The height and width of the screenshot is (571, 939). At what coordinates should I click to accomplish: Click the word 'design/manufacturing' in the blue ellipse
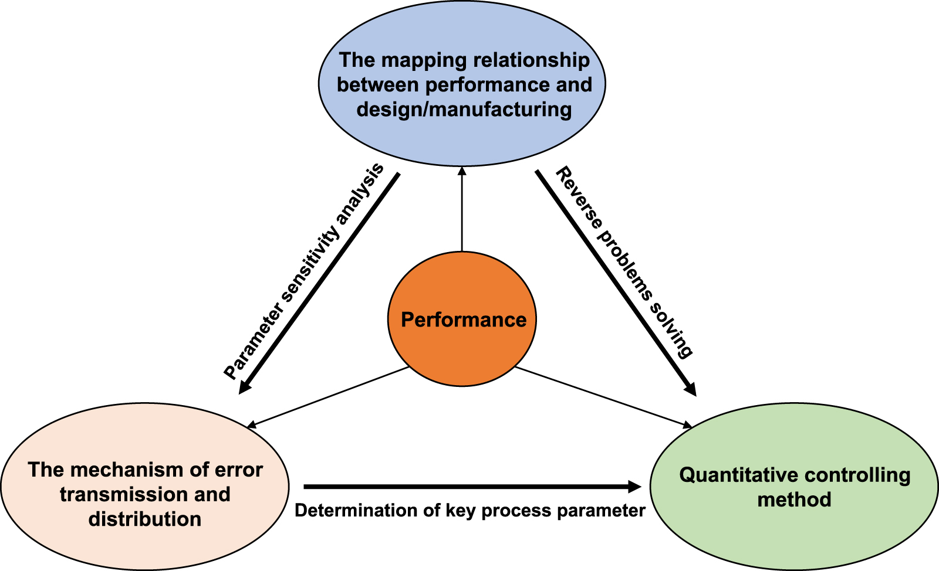(464, 110)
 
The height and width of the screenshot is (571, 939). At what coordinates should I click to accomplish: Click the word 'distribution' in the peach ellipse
(145, 519)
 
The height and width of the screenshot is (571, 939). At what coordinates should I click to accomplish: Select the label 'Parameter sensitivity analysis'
(303, 271)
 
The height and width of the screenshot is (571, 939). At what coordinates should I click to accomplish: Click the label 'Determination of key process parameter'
(469, 511)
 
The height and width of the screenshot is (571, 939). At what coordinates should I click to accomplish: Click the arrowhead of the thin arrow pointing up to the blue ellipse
(462, 171)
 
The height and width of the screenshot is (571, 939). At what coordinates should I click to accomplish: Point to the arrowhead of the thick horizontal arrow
(635, 486)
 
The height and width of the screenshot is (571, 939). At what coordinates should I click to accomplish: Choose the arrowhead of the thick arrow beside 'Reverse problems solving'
(690, 389)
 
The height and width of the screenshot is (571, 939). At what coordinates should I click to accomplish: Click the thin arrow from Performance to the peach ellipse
(329, 397)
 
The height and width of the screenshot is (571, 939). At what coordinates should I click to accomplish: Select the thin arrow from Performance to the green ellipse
(604, 397)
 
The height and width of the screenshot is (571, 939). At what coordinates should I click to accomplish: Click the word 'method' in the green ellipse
(794, 499)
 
